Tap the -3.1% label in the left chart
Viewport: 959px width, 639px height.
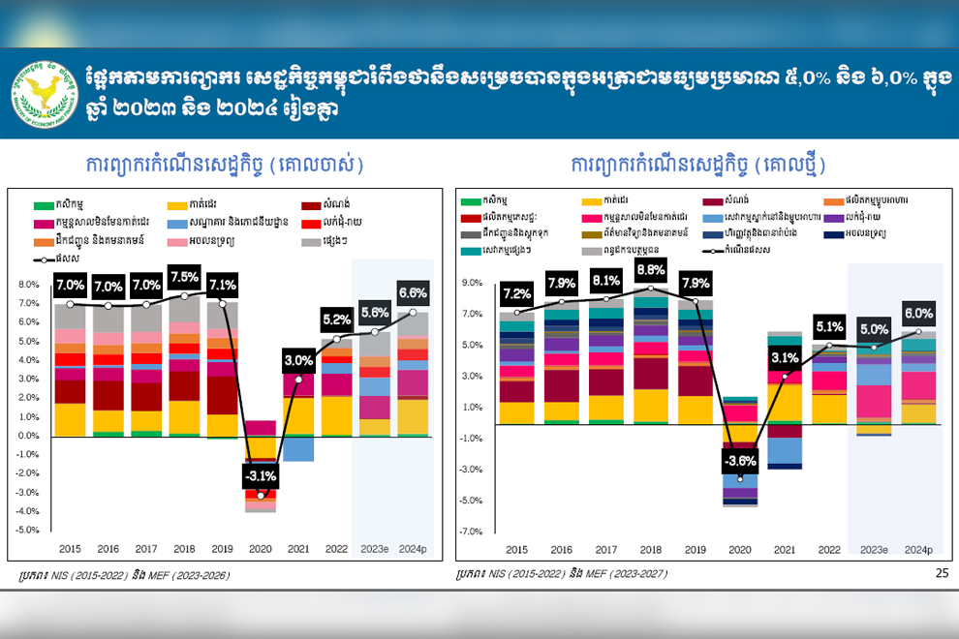tap(261, 475)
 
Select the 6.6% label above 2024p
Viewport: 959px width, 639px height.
tap(414, 292)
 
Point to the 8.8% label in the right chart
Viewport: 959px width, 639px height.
tap(650, 270)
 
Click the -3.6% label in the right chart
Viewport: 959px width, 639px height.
tap(740, 460)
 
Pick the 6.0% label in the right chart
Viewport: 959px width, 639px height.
tap(919, 314)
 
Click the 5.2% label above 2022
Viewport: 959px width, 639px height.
tap(338, 319)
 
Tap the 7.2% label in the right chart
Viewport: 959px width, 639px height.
tap(516, 293)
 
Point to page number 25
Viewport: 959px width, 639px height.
tap(943, 573)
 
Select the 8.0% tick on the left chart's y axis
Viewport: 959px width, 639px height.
tap(29, 286)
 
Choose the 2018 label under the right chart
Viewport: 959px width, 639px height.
tap(650, 549)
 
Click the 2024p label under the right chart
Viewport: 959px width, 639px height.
tap(918, 549)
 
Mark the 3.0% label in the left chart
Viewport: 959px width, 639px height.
tap(298, 361)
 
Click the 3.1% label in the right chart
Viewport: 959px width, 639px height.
tap(785, 358)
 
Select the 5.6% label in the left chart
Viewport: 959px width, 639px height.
tap(375, 312)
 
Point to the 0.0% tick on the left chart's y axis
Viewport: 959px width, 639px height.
tap(29, 436)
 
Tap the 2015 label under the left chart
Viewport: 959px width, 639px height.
tap(69, 549)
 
